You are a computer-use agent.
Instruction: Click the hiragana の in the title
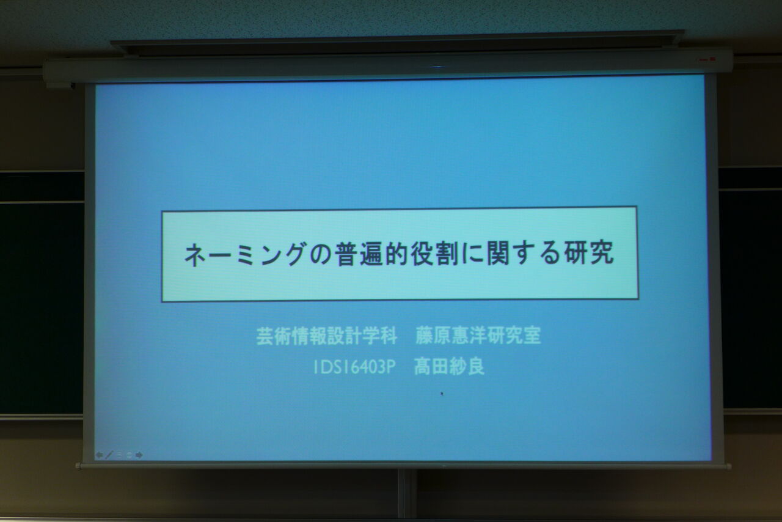tap(320, 255)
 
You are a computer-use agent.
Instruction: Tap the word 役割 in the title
tap(434, 254)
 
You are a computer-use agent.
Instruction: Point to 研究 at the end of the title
tap(590, 253)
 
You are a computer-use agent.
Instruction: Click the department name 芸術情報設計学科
tap(327, 336)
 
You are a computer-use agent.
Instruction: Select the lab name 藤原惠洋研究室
tap(478, 336)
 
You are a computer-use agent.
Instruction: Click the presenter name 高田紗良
tap(449, 367)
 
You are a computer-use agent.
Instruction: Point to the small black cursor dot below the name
tap(442, 394)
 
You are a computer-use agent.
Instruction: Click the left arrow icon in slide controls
tap(99, 455)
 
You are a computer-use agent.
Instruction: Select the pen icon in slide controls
tap(109, 455)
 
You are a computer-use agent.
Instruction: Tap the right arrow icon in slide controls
tap(139, 455)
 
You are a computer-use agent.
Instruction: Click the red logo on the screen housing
tap(708, 60)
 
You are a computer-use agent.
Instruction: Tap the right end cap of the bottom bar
tap(728, 466)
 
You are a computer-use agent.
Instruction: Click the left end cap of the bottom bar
tap(79, 466)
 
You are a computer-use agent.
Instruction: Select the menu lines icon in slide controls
tap(119, 455)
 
